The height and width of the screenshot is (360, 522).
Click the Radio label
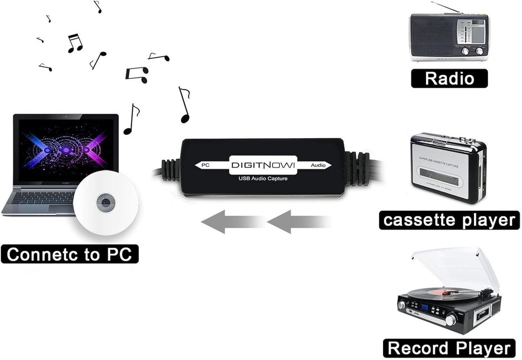point(449,78)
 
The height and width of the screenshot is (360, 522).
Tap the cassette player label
point(449,220)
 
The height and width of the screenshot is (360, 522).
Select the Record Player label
point(449,348)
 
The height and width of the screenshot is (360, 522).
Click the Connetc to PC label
point(69,255)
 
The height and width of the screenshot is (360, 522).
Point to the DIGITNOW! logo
point(263,165)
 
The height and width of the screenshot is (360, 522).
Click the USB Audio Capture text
point(263,179)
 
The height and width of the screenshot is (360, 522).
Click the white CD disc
point(106,202)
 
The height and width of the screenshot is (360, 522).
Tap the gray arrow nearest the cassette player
point(298,222)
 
